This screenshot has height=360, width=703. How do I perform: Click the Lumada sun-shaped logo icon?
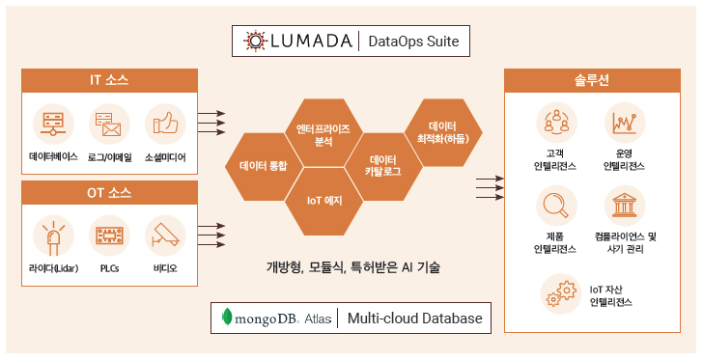(x=256, y=41)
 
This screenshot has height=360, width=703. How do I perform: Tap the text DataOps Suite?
(x=413, y=42)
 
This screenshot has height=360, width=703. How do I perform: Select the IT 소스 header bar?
(x=109, y=81)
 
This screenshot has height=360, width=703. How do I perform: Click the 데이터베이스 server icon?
(x=53, y=125)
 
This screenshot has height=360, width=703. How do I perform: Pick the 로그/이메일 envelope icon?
(x=109, y=125)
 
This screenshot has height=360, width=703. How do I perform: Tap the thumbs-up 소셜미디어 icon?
(x=165, y=125)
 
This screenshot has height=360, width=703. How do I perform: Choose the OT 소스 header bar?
(x=109, y=193)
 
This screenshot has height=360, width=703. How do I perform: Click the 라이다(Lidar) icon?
(x=53, y=235)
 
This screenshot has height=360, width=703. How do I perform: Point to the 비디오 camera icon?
(x=165, y=235)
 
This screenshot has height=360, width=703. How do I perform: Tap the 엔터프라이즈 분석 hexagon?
(x=323, y=132)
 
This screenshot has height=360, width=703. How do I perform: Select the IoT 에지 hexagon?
(x=323, y=201)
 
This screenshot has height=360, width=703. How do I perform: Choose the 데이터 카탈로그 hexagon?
(x=383, y=167)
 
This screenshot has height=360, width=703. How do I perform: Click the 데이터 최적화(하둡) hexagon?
(x=443, y=132)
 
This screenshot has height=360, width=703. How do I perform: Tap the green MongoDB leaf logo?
(x=228, y=318)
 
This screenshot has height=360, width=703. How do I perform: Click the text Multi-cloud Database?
(x=415, y=318)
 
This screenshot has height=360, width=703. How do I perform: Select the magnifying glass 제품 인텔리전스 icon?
(x=556, y=206)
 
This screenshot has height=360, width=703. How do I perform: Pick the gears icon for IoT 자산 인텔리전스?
(x=561, y=293)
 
